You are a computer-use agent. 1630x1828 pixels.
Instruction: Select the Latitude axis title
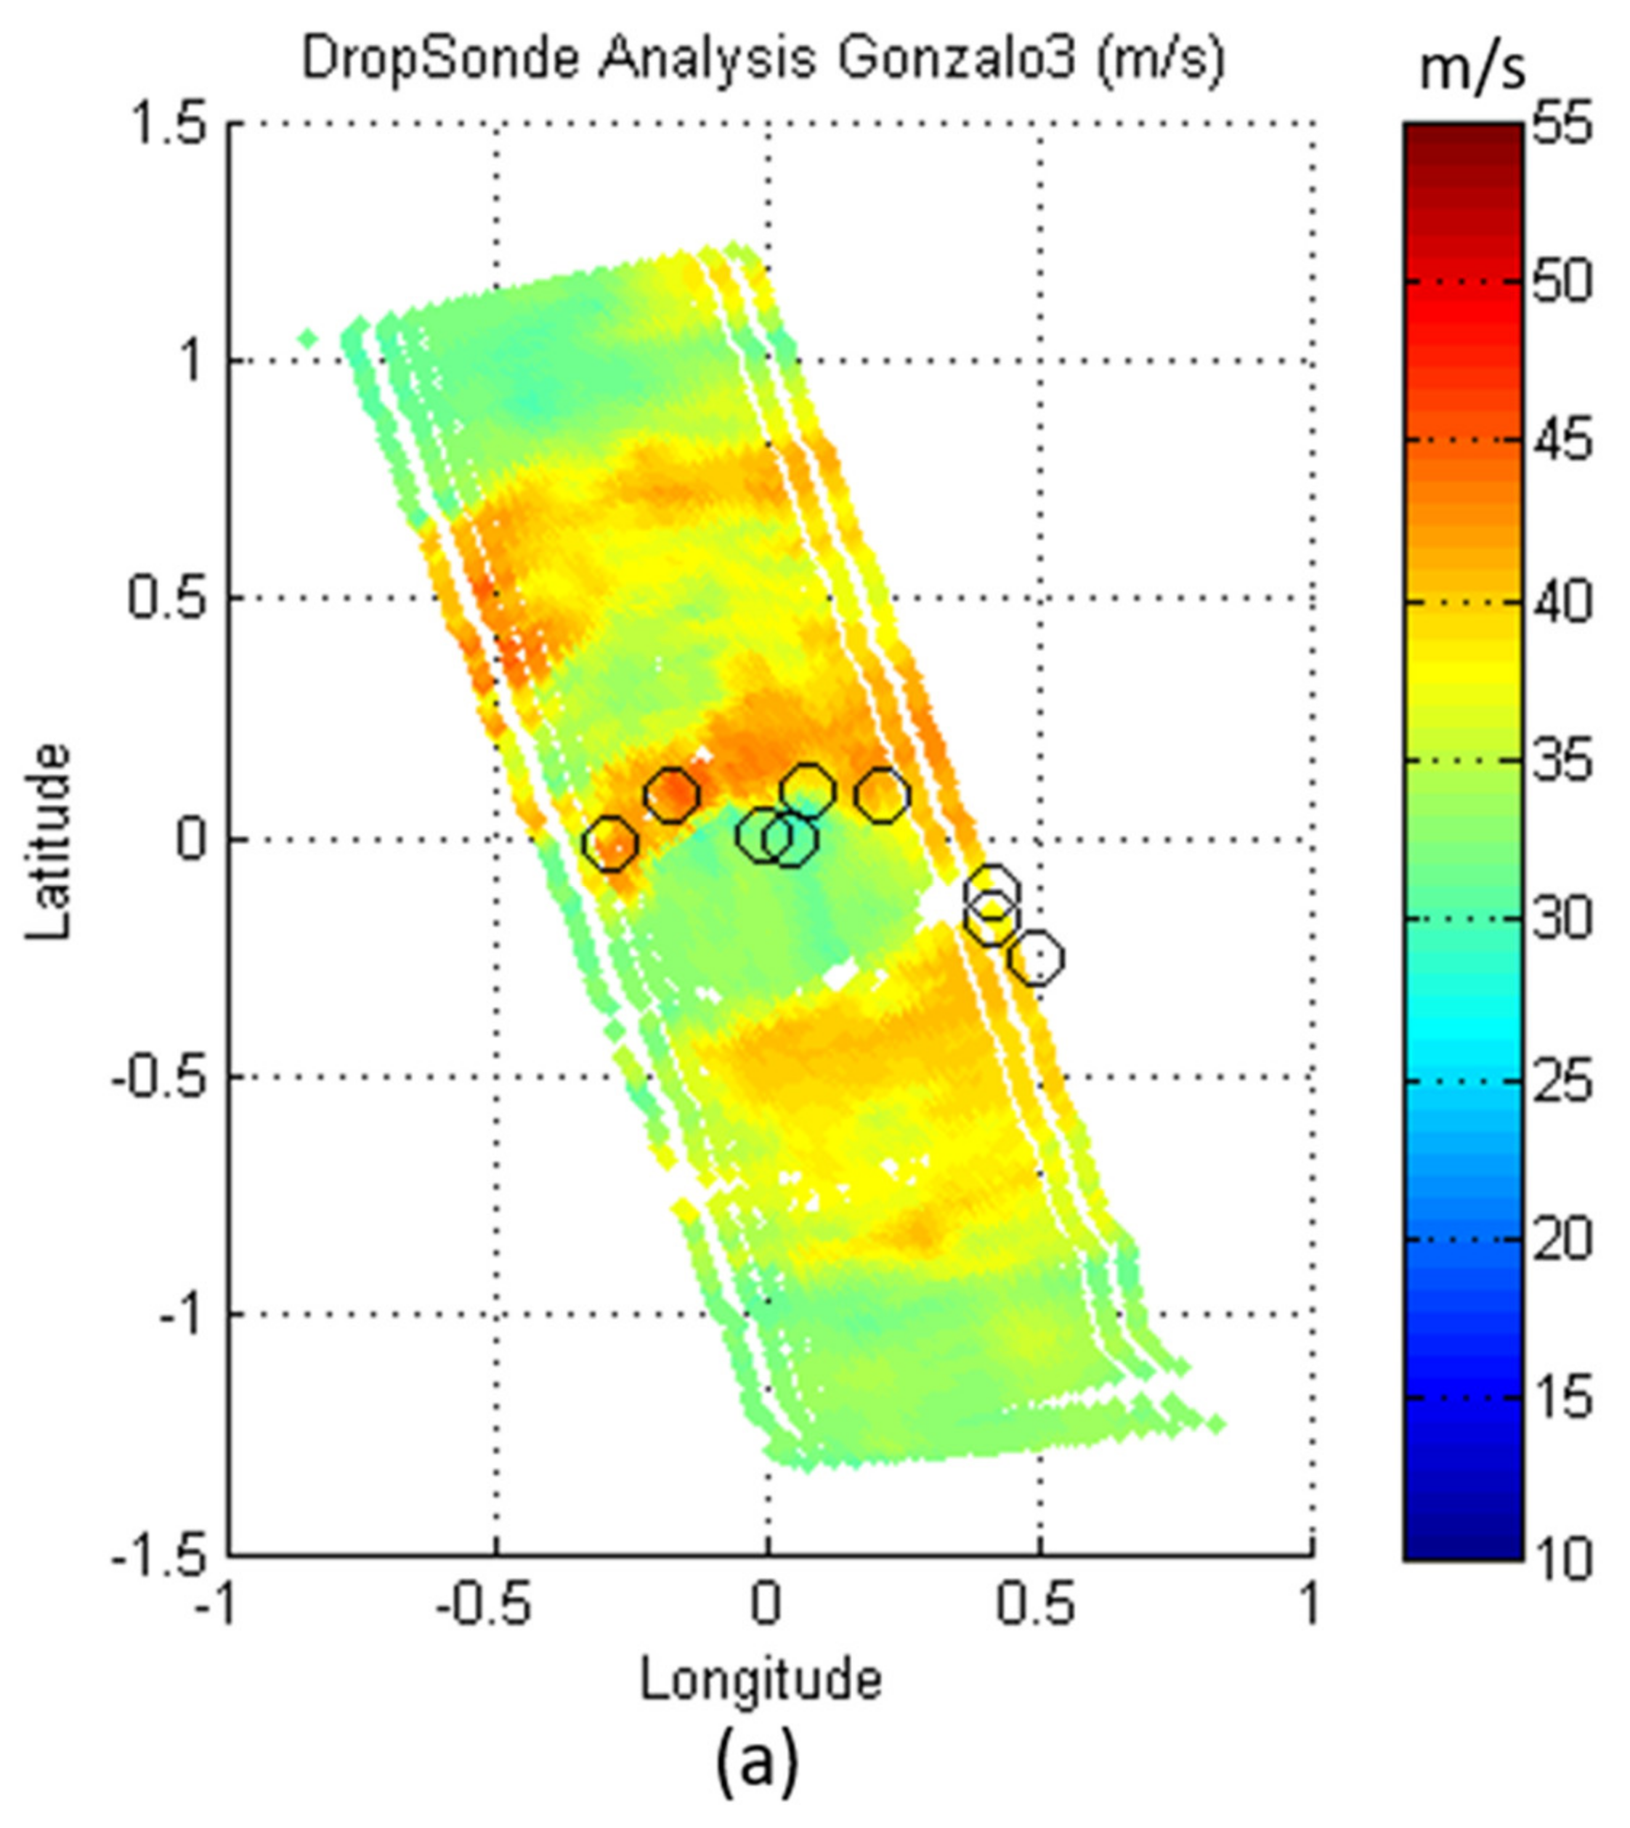point(46,842)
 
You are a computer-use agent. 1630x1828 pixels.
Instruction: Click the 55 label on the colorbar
point(1562,124)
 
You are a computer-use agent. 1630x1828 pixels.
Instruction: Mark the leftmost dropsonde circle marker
point(610,843)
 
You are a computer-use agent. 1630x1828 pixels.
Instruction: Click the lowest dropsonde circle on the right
point(1037,958)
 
